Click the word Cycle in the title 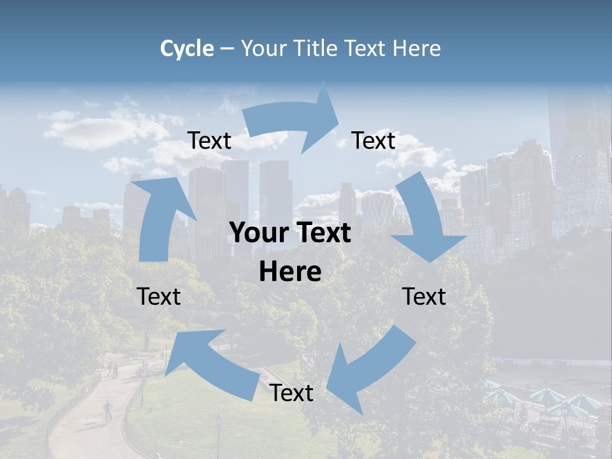click(187, 48)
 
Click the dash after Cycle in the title click(226, 49)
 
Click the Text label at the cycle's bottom click(291, 393)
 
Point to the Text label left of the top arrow click(209, 141)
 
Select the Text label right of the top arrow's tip click(374, 141)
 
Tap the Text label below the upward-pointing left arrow click(159, 296)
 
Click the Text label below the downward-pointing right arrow click(424, 296)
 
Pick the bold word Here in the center click(290, 272)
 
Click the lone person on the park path click(108, 410)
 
